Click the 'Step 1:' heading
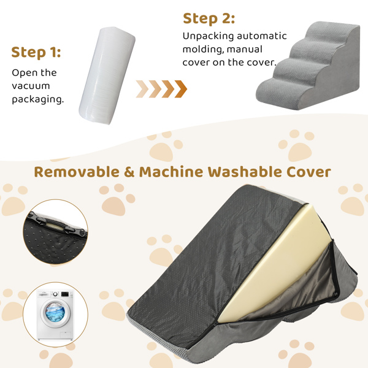[x=36, y=52]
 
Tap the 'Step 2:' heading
[x=209, y=19]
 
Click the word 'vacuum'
[x=31, y=86]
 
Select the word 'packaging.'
[x=38, y=99]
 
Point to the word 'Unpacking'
[x=208, y=36]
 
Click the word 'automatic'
[x=262, y=36]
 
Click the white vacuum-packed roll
[x=107, y=75]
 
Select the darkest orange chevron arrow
[x=181, y=89]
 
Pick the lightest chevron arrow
[x=142, y=89]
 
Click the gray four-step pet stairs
[x=308, y=66]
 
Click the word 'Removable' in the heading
[x=77, y=172]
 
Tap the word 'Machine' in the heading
[x=171, y=172]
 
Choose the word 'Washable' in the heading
[x=245, y=172]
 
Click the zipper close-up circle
[x=55, y=232]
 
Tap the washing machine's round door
[x=55, y=313]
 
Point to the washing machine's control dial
[x=55, y=294]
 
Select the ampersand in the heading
[x=129, y=172]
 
